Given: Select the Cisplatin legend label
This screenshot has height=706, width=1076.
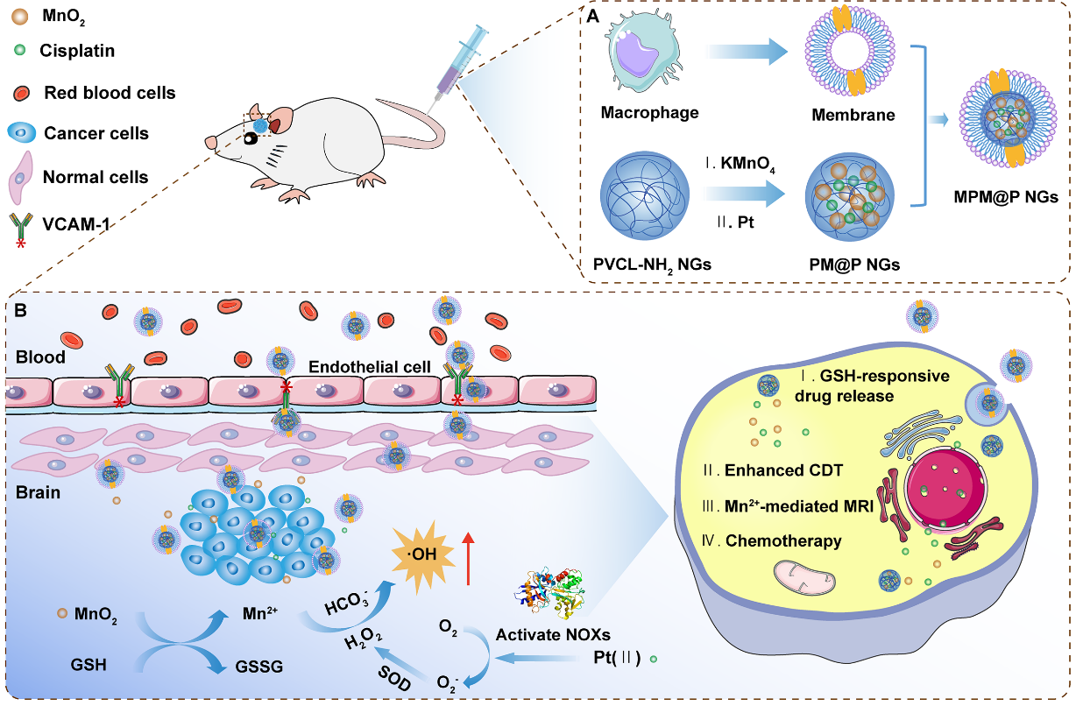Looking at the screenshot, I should [x=76, y=51].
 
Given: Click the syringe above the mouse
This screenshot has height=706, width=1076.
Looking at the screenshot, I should [x=460, y=58].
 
